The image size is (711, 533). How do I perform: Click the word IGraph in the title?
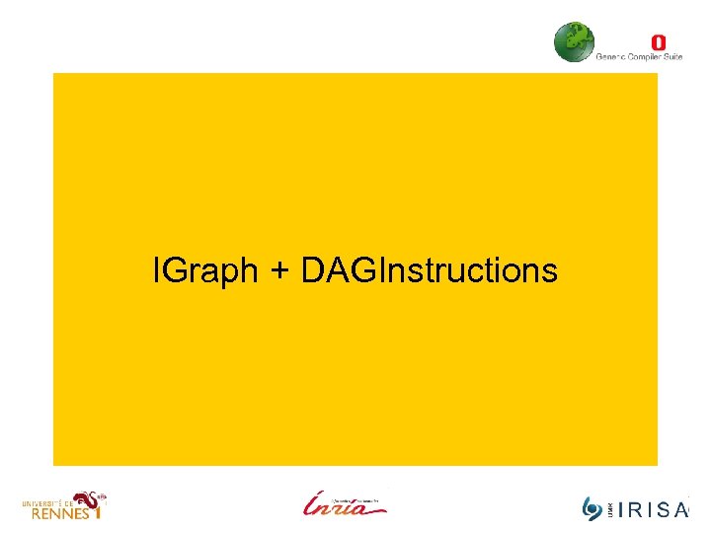click(x=205, y=269)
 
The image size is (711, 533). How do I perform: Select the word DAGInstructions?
click(x=430, y=269)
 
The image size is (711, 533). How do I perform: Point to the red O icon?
click(x=659, y=42)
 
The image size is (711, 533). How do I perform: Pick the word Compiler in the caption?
click(x=644, y=57)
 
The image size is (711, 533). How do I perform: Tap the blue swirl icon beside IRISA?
click(x=592, y=509)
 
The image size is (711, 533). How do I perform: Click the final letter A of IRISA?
click(x=680, y=510)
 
